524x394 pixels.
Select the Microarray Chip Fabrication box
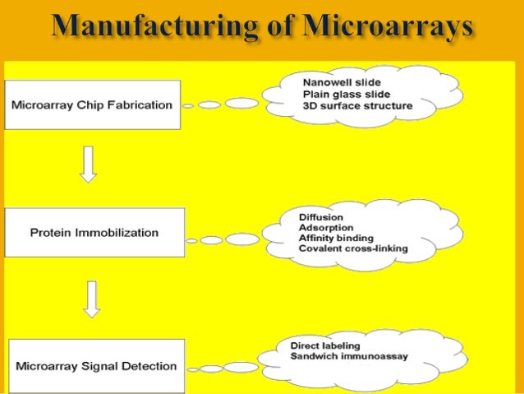pyautogui.click(x=92, y=104)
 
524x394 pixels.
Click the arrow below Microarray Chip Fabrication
pyautogui.click(x=89, y=165)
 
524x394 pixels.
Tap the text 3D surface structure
pyautogui.click(x=357, y=105)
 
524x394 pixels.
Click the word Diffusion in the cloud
pyautogui.click(x=321, y=217)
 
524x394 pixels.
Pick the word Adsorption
pyautogui.click(x=326, y=228)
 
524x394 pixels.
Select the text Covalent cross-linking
pyautogui.click(x=353, y=248)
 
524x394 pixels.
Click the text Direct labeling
pyautogui.click(x=325, y=346)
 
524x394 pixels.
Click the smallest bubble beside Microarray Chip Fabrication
pyautogui.click(x=188, y=106)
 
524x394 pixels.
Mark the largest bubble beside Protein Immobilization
pyautogui.click(x=241, y=239)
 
